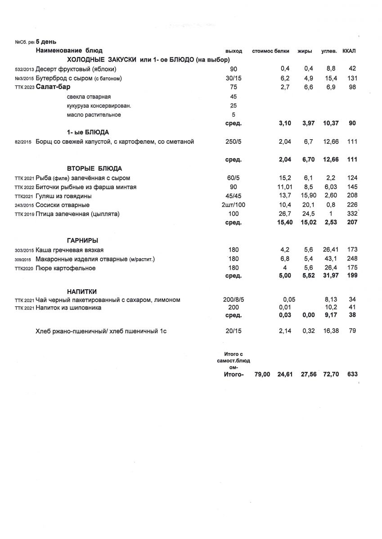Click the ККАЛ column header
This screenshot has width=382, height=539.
(349, 51)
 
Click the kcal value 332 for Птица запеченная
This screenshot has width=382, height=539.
(352, 214)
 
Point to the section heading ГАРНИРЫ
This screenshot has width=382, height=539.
(82, 240)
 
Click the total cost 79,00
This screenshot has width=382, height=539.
(262, 374)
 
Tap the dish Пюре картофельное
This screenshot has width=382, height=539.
(65, 268)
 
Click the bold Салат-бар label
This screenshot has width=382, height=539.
(53, 87)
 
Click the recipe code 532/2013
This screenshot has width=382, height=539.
(24, 69)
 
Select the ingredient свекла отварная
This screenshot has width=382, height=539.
(89, 97)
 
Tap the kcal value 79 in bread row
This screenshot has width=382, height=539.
(352, 331)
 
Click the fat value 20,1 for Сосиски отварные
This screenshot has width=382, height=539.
(308, 205)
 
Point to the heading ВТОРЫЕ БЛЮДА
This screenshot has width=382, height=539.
(94, 169)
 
